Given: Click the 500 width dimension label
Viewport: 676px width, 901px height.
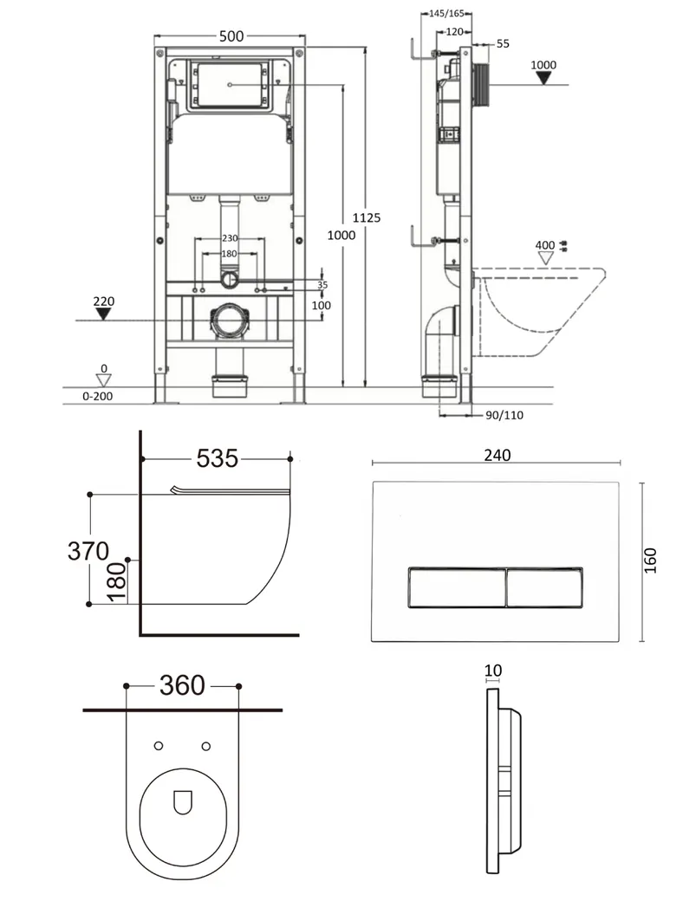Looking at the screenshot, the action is pyautogui.click(x=231, y=36).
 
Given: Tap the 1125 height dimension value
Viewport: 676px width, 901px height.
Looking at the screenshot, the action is pyautogui.click(x=366, y=217).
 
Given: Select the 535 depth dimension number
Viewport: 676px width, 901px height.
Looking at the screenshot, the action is pyautogui.click(x=218, y=458).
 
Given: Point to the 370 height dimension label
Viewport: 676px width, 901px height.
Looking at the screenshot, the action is pyautogui.click(x=88, y=551).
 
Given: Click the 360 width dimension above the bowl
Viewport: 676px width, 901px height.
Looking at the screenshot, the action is pyautogui.click(x=182, y=685).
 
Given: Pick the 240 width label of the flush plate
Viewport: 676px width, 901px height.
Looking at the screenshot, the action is pyautogui.click(x=497, y=455).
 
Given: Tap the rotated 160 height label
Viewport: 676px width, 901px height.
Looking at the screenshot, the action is pyautogui.click(x=650, y=561).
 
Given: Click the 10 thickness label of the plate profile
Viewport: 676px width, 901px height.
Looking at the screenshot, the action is pyautogui.click(x=493, y=671).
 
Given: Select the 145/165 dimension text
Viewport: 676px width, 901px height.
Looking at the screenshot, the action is pyautogui.click(x=446, y=13).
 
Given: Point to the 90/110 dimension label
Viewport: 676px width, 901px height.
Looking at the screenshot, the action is pyautogui.click(x=504, y=416).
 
